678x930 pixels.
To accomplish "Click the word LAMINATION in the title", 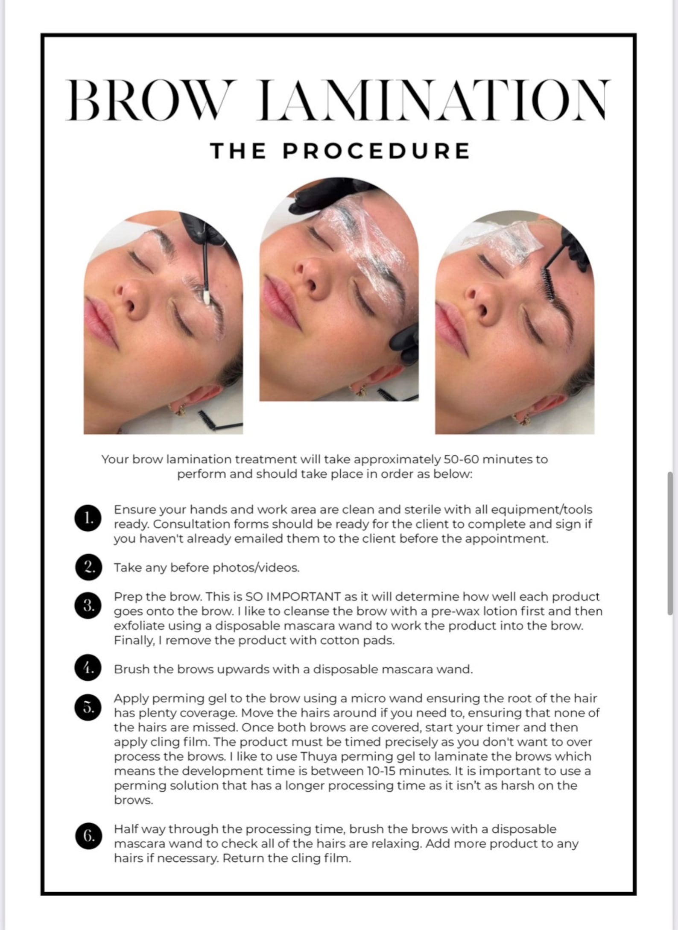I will coord(433,100).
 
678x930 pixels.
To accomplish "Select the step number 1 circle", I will coord(88,518).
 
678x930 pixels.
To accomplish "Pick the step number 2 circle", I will coord(88,567).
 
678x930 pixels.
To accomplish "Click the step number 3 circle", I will coord(88,605).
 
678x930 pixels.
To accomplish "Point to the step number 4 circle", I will coord(88,668).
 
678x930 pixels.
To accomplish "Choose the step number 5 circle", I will coord(88,708).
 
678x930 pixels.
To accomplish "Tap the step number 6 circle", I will coord(88,836).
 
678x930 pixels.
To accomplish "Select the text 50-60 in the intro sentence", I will coord(462,459).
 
